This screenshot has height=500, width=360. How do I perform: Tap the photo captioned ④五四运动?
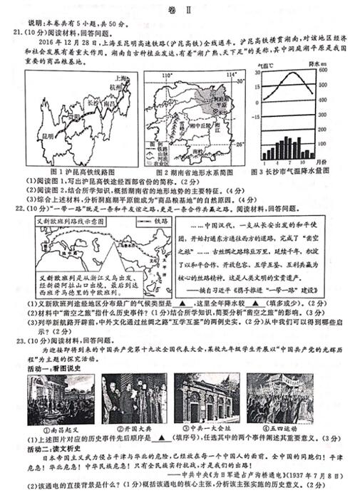pyautogui.click(x=279, y=400)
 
